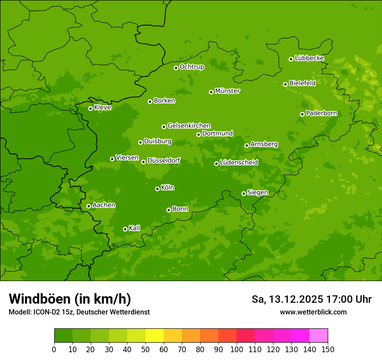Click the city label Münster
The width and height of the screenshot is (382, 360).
227,91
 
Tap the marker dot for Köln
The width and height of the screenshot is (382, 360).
157,189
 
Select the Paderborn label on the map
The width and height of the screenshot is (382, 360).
321,113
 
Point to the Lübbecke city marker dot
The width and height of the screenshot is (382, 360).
291,59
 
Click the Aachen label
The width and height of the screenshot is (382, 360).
104,205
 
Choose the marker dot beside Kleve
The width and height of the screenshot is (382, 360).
90,108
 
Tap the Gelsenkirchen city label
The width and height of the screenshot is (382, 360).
189,126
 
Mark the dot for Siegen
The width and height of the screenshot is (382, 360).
244,193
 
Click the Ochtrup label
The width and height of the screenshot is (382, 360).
191,67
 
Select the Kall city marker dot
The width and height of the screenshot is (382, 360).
125,229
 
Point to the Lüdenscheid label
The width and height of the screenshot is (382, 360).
239,163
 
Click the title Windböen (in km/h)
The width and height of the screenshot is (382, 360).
70,299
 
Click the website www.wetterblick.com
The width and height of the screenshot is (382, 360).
313,312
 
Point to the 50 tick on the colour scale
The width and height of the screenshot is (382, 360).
145,349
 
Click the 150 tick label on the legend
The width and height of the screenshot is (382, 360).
328,349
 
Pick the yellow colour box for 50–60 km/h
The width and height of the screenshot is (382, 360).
155,336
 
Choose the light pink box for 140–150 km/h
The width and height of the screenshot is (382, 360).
319,336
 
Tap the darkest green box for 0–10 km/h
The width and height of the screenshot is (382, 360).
63,336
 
